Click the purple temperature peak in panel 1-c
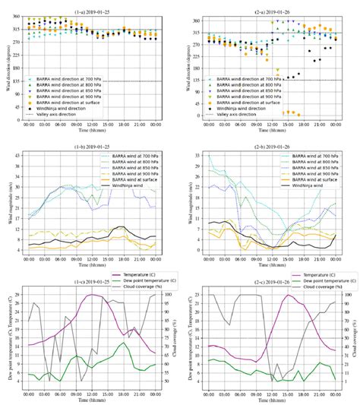point(92,295)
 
